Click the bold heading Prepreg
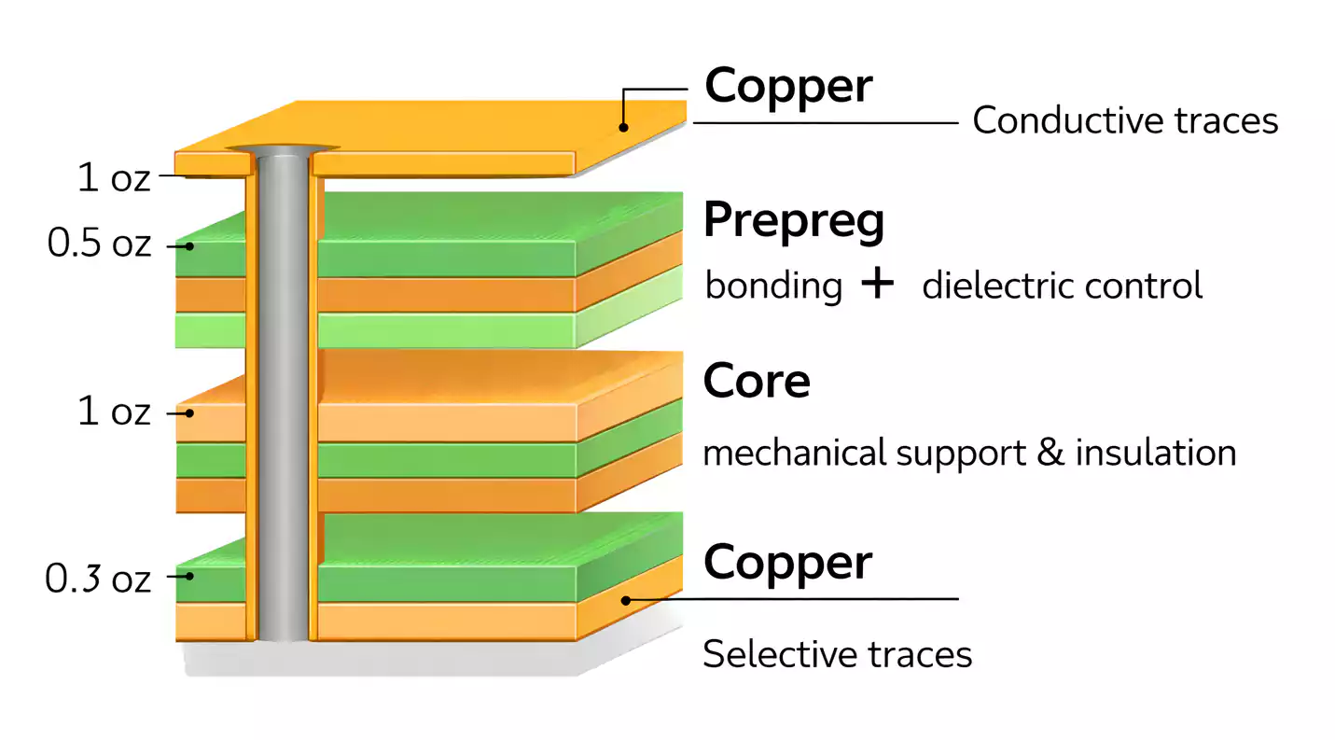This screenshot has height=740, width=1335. tap(794, 220)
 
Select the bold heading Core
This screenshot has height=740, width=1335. tap(757, 381)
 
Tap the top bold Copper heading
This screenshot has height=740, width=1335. tap(788, 86)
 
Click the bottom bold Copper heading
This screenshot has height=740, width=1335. tap(788, 562)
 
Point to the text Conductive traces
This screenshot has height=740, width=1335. tap(1125, 121)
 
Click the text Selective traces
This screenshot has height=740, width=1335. tap(837, 654)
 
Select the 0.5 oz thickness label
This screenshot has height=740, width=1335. tap(99, 246)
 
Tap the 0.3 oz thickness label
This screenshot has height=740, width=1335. tap(98, 579)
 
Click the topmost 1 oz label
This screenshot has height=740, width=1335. tap(113, 178)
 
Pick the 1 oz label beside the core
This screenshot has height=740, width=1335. tap(113, 412)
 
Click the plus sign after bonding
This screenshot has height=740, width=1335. tap(877, 284)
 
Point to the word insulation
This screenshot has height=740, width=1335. tap(1156, 454)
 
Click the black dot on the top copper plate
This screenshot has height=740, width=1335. tap(625, 126)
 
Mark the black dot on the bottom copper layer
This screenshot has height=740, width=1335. tap(626, 600)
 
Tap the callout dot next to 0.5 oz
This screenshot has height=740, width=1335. tap(189, 246)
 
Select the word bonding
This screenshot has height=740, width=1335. tap(773, 286)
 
